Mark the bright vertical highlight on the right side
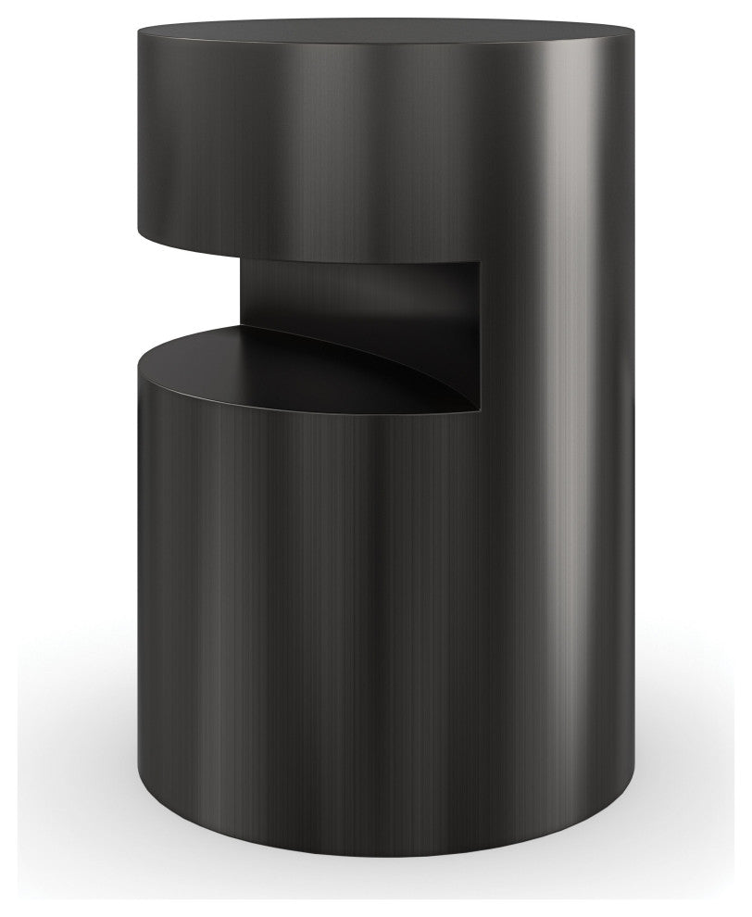(556, 463)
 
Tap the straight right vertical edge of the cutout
(481, 333)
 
